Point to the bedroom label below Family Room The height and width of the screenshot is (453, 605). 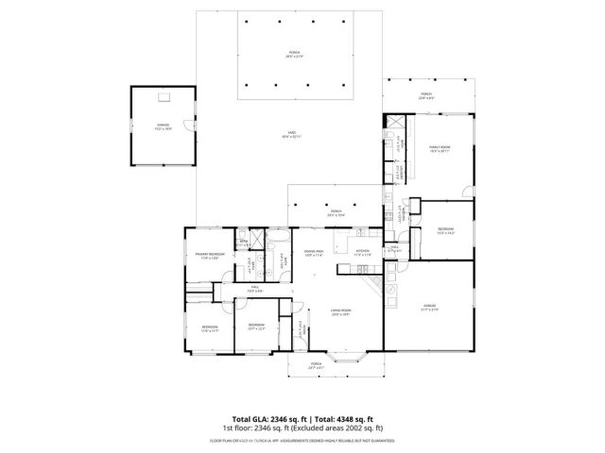pos(445,230)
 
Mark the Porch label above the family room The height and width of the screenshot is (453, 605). pos(424,94)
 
